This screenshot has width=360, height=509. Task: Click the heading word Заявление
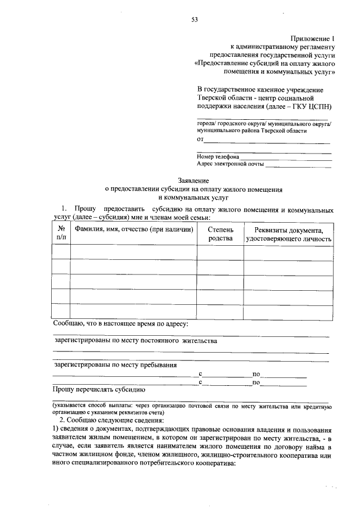(193, 181)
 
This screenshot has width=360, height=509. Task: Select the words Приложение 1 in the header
(313, 37)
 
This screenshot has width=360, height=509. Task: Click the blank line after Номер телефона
(286, 157)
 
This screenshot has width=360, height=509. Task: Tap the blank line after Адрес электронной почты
(298, 165)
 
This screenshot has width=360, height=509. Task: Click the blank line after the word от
(267, 139)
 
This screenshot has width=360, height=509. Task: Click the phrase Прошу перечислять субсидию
(99, 389)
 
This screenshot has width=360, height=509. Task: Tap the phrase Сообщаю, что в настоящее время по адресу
(120, 324)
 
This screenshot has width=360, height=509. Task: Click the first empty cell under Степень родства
(220, 253)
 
